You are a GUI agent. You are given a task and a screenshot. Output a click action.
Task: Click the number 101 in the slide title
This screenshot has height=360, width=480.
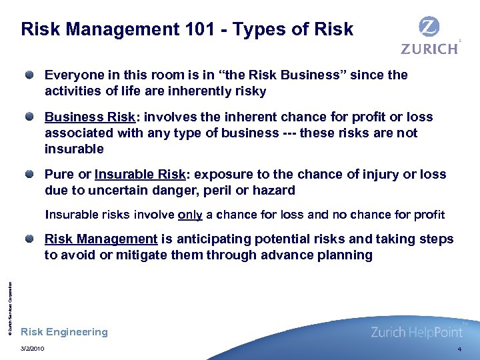click(x=199, y=29)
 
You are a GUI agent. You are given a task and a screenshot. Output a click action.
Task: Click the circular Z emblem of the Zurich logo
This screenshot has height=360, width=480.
click(x=429, y=28)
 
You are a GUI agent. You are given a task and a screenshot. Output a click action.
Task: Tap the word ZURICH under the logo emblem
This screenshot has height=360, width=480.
click(x=429, y=48)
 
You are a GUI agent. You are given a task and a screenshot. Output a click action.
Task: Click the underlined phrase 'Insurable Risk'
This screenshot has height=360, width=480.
click(x=139, y=175)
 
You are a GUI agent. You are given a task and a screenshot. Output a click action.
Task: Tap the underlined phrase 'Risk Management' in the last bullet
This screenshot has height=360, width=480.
click(x=101, y=239)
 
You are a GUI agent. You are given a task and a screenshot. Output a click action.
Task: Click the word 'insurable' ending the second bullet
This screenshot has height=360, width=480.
click(x=74, y=149)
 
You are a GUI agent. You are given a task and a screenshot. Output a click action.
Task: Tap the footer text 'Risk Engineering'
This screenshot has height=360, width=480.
click(x=64, y=332)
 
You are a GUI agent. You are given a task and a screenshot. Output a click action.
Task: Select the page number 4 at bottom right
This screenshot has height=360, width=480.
click(x=459, y=349)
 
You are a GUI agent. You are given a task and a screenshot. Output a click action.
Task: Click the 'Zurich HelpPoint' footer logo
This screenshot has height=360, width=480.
click(x=416, y=331)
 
